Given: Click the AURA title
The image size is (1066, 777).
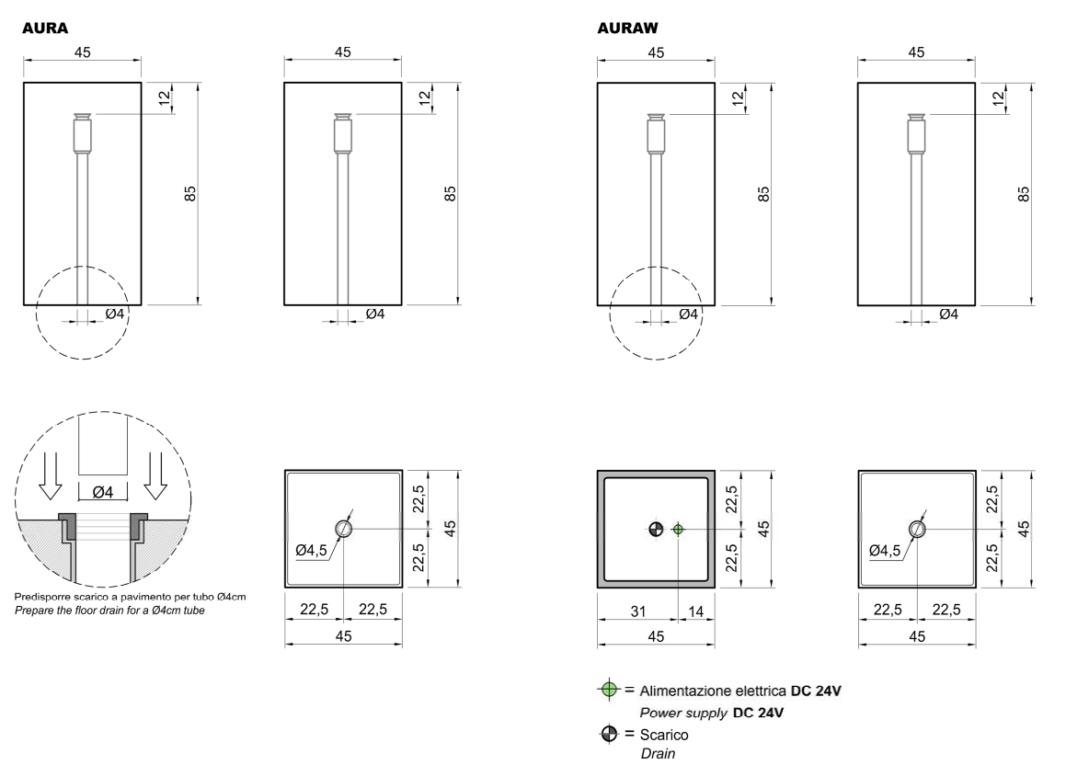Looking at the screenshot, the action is [x=45, y=28].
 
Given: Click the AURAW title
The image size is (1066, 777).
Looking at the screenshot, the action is [x=627, y=28].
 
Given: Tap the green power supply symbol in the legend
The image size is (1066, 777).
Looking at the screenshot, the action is [x=609, y=690].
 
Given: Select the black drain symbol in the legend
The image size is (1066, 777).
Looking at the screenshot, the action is [x=609, y=734].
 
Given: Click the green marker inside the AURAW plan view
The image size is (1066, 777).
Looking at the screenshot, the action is [x=678, y=529].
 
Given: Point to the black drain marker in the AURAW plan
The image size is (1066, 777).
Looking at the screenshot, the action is [x=656, y=529].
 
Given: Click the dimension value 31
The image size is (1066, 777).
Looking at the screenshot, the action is [x=637, y=611].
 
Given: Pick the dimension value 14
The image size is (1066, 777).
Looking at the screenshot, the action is [x=695, y=611].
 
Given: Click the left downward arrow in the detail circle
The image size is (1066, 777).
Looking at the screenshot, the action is [x=51, y=475].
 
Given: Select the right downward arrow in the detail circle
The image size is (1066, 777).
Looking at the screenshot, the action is [x=156, y=475].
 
